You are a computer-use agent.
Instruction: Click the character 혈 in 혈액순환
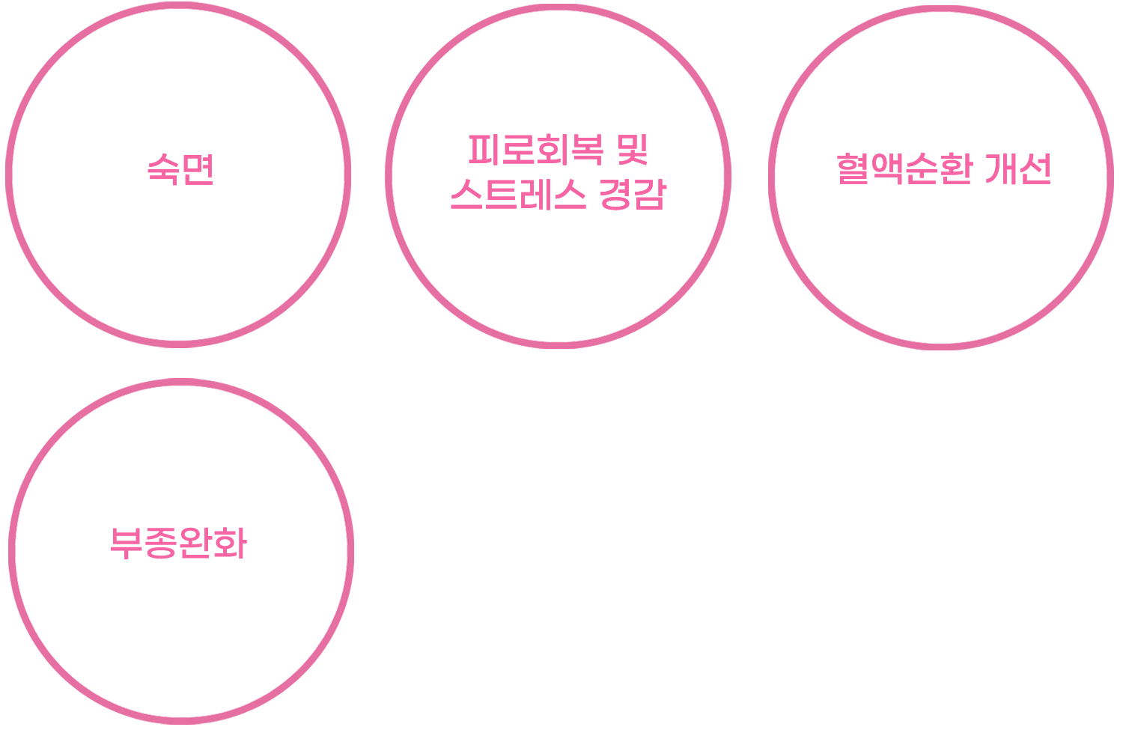tap(853, 168)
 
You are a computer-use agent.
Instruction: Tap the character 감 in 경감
tap(648, 195)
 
